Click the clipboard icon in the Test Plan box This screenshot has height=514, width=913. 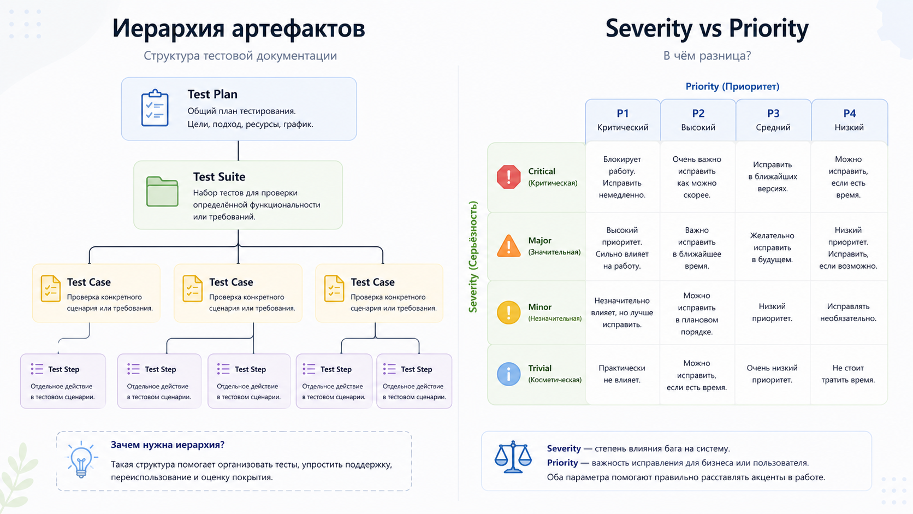pyautogui.click(x=155, y=108)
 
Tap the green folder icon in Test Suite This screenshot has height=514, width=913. pyautogui.click(x=162, y=192)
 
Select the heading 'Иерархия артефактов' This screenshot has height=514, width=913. pyautogui.click(x=239, y=28)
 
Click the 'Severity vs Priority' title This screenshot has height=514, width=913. pyautogui.click(x=707, y=28)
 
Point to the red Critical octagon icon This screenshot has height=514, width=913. pyautogui.click(x=508, y=177)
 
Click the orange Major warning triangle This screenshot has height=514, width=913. pyautogui.click(x=508, y=246)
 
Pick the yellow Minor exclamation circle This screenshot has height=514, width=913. pyautogui.click(x=508, y=312)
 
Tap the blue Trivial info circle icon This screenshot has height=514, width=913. pyautogui.click(x=508, y=374)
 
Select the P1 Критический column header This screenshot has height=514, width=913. pyautogui.click(x=622, y=120)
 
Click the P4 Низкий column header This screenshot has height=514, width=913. pyautogui.click(x=849, y=120)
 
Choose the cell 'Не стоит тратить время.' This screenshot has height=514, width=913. pyautogui.click(x=848, y=374)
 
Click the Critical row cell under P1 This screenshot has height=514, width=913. pyautogui.click(x=622, y=177)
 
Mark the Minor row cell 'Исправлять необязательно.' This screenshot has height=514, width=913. pyautogui.click(x=848, y=312)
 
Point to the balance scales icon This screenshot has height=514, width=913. pyautogui.click(x=513, y=457)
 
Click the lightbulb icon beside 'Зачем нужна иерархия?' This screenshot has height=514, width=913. pyautogui.click(x=81, y=460)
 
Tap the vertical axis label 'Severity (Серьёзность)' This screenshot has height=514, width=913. pyautogui.click(x=473, y=257)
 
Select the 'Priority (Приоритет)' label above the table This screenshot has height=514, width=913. pyautogui.click(x=732, y=86)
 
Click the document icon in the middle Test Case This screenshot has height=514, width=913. pyautogui.click(x=192, y=288)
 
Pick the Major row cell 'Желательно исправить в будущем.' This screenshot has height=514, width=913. pyautogui.click(x=772, y=247)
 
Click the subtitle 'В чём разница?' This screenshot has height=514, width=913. pyautogui.click(x=707, y=56)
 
